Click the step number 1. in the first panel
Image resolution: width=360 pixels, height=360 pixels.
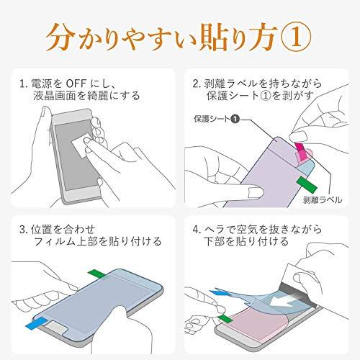[26, 81]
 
